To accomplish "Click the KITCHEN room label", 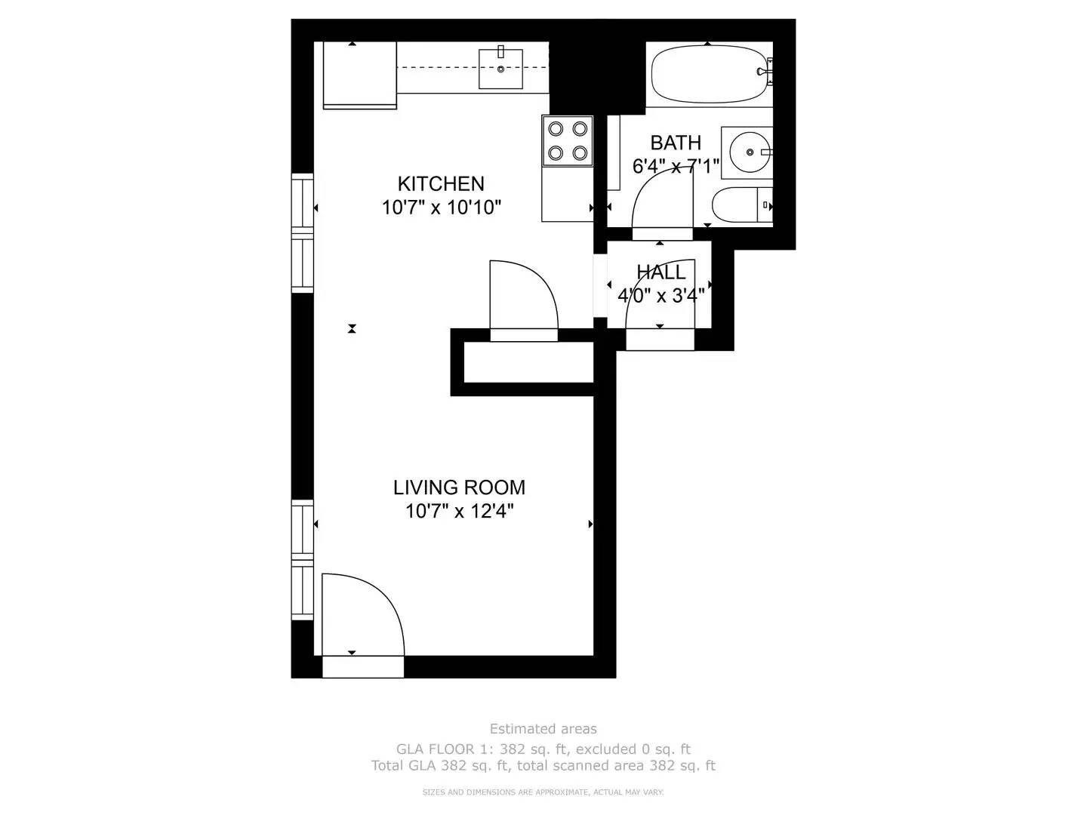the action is pyautogui.click(x=440, y=183).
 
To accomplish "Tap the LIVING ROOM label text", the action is pyautogui.click(x=459, y=487).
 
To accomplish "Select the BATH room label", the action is pyautogui.click(x=676, y=143).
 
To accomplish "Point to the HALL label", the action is pyautogui.click(x=661, y=272).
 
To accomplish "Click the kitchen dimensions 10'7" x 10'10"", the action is pyautogui.click(x=442, y=208).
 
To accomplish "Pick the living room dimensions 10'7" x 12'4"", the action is pyautogui.click(x=459, y=511).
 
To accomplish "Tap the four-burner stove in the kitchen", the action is pyautogui.click(x=568, y=141).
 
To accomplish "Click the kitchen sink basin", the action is pyautogui.click(x=500, y=69).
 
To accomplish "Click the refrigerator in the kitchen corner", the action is pyautogui.click(x=359, y=75).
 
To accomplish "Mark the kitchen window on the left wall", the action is pyautogui.click(x=302, y=233).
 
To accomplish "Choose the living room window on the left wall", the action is pyautogui.click(x=302, y=560).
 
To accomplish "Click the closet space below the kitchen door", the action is pyautogui.click(x=528, y=362).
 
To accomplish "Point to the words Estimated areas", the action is pyautogui.click(x=543, y=729).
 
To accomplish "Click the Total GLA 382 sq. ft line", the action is pyautogui.click(x=543, y=765).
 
